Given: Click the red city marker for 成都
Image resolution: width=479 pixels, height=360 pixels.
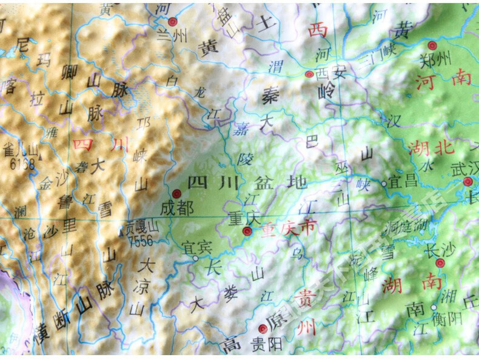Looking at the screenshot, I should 176,193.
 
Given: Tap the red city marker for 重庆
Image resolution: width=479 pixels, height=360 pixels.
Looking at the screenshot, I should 246,231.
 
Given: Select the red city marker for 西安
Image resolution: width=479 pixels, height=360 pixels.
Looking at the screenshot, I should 309,75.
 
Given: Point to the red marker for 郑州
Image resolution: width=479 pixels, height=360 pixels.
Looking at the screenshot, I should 432,45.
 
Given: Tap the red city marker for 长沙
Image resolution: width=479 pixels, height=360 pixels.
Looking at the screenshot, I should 440,262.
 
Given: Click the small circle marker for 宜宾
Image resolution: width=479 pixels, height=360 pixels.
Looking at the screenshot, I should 195,259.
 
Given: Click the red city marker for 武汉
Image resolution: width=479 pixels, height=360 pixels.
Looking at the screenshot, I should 467,181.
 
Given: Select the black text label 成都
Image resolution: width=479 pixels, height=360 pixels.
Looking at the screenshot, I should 177,208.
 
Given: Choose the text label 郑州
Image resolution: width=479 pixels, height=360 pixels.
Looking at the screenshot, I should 436,59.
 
